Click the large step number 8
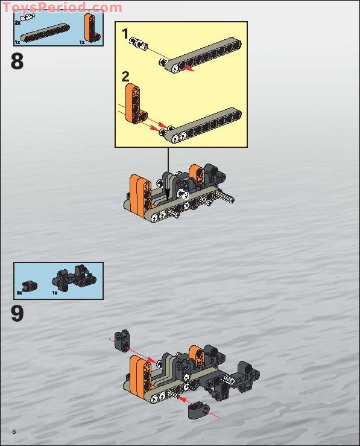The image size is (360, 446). click(x=17, y=62)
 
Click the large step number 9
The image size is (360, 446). click(x=17, y=314)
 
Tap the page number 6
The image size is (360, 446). click(x=13, y=430)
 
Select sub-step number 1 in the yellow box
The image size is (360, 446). click(x=125, y=34)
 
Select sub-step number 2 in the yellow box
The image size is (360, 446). click(x=125, y=77)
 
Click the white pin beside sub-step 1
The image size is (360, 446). click(x=144, y=43)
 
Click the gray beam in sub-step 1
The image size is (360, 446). click(x=204, y=54)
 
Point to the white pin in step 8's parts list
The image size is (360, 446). click(x=27, y=19)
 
